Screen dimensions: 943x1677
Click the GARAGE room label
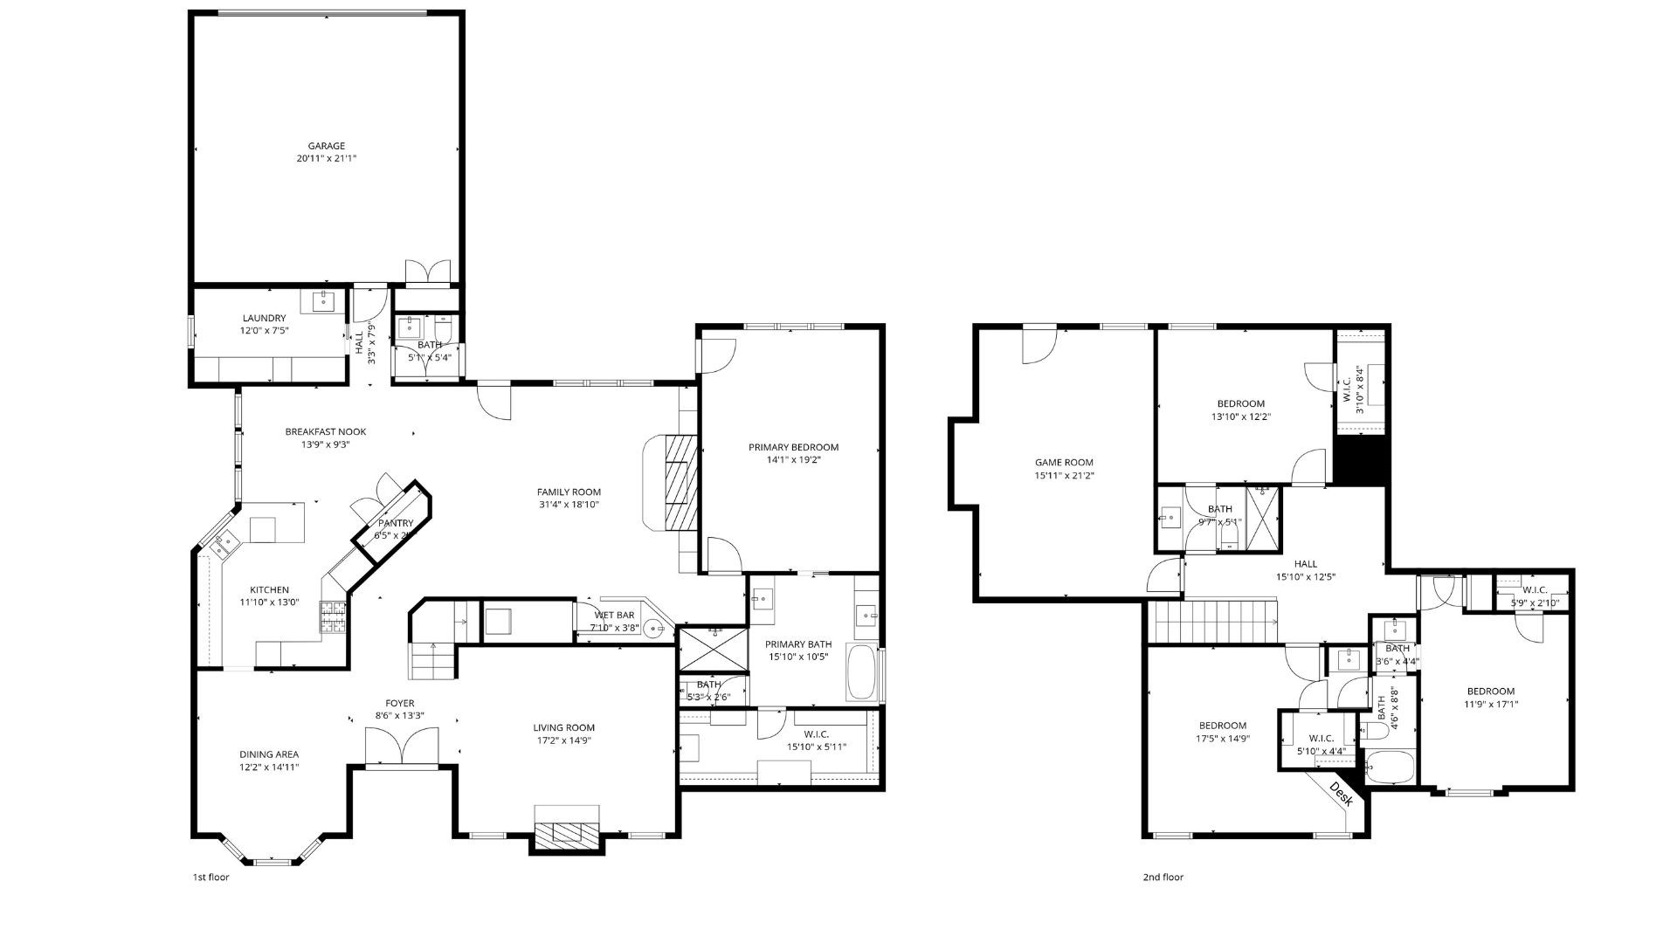326,147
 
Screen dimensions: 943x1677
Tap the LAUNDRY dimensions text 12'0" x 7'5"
264,331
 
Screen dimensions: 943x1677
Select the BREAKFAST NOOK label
325,431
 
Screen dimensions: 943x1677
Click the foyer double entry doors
402,747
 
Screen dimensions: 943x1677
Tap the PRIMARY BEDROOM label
793,447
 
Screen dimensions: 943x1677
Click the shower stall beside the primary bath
713,648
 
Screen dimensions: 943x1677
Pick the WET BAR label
615,615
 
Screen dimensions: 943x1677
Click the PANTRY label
395,523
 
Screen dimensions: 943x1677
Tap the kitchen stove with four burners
332,616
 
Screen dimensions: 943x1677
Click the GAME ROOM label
1064,463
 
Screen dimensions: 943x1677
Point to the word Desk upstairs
1341,793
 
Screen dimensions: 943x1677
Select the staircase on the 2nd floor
1215,621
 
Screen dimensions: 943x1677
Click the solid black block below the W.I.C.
1361,460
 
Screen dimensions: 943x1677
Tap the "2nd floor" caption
1163,878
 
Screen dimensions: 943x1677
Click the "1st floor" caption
210,878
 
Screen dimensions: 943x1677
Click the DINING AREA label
269,754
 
